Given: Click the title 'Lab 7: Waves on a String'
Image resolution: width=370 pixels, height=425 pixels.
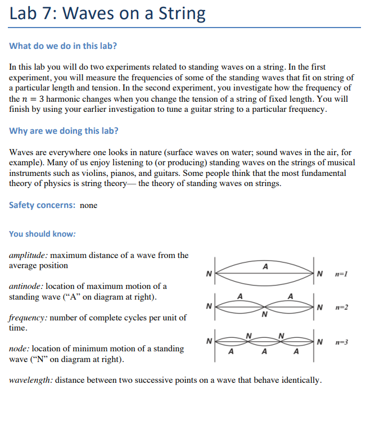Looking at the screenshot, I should (107, 13).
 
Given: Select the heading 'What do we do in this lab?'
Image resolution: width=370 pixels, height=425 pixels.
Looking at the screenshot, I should (64, 46).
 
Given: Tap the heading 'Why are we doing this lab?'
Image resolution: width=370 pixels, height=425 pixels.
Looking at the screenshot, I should (64, 131).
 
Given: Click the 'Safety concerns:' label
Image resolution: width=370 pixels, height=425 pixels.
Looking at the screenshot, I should (42, 205).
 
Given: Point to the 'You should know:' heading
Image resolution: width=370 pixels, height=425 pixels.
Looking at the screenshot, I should (42, 234).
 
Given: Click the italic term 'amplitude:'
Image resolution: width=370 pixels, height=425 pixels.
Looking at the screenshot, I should (29, 255).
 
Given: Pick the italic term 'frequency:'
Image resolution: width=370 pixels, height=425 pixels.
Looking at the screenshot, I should (28, 318).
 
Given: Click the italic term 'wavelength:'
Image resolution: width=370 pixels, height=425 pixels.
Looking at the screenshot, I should (31, 380).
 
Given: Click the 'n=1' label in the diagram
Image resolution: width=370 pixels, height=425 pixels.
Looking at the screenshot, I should (341, 274).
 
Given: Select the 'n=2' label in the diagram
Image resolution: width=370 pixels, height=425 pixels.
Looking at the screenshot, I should (341, 308).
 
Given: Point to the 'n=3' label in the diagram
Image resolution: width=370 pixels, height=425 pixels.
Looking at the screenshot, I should (341, 341).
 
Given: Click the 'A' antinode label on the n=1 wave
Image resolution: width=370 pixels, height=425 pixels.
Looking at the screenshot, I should (265, 265).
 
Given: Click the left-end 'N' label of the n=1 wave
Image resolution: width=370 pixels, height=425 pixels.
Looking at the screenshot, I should (208, 274).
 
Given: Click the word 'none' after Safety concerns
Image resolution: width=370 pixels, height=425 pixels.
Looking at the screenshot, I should (88, 206).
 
